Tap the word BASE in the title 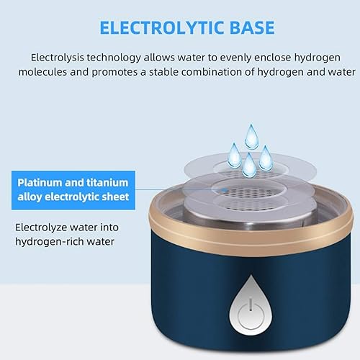240,28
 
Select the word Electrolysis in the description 60,58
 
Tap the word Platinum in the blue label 44,182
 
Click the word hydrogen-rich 52,241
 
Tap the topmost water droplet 252,134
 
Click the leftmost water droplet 235,151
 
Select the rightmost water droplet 266,154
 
